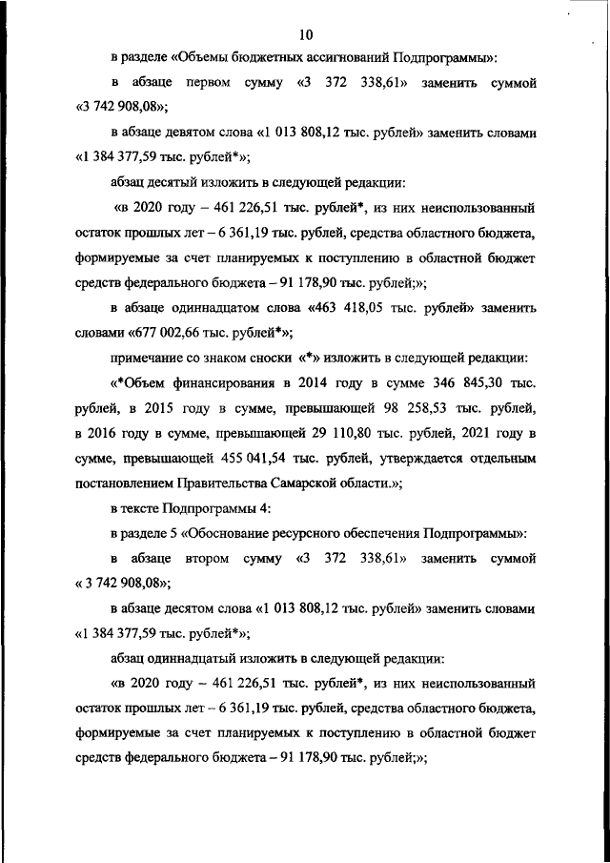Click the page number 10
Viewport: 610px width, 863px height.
tap(305, 35)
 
